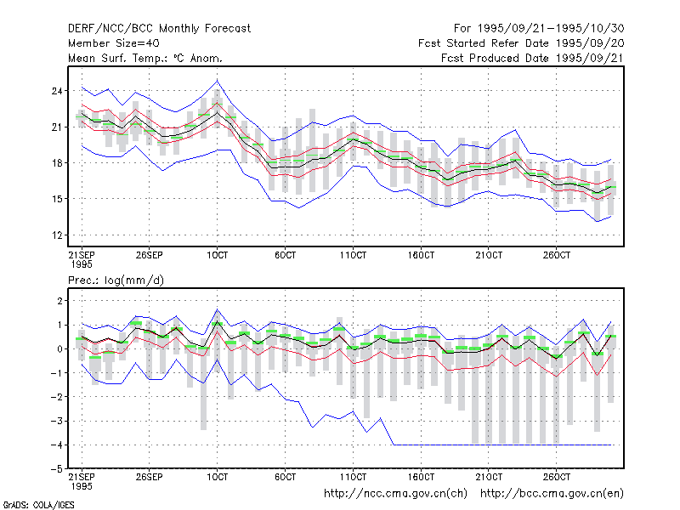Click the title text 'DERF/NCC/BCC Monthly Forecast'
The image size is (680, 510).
(x=159, y=29)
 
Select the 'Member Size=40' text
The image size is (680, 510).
(x=114, y=43)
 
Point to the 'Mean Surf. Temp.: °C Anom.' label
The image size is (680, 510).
(x=145, y=58)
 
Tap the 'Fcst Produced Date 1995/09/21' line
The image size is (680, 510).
(x=532, y=58)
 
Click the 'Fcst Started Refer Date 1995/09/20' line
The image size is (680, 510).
(x=521, y=43)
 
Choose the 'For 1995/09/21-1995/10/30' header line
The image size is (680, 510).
(x=539, y=29)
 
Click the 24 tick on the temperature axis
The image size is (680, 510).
(x=57, y=91)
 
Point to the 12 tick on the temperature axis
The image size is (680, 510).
(x=57, y=235)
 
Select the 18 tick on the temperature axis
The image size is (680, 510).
(x=57, y=163)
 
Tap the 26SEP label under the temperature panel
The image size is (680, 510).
(x=150, y=255)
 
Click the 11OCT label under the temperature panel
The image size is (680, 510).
(x=353, y=255)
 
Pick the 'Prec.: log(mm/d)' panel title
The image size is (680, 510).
(x=116, y=280)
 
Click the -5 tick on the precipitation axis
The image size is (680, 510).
(x=56, y=469)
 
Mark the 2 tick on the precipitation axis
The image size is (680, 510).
(x=59, y=301)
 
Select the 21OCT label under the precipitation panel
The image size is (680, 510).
(x=489, y=477)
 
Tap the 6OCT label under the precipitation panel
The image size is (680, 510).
(x=285, y=477)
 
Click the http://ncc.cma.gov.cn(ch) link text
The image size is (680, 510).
(x=395, y=494)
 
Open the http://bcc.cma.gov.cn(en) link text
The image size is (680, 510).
(x=552, y=494)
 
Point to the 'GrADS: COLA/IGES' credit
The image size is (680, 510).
(x=38, y=505)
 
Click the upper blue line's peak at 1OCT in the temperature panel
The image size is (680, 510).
(x=218, y=81)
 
